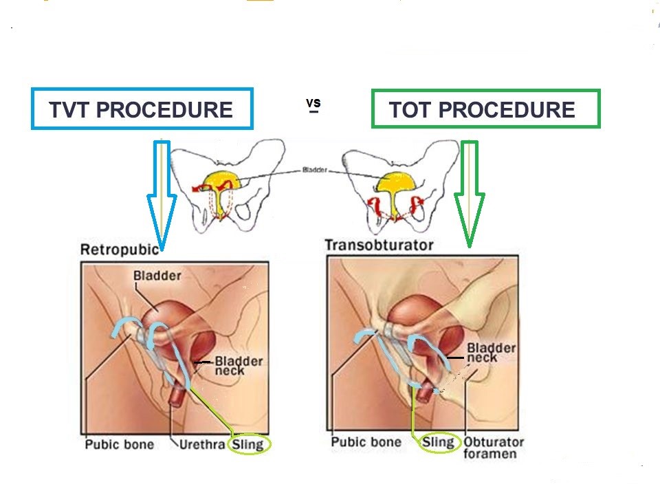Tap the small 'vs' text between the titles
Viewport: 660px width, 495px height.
click(313, 103)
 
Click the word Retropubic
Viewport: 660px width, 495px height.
click(120, 250)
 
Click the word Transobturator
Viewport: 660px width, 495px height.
click(379, 245)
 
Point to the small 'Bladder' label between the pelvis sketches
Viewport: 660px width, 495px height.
click(314, 170)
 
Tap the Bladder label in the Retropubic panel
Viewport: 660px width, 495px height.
click(157, 276)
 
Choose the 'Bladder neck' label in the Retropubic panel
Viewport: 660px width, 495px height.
click(239, 366)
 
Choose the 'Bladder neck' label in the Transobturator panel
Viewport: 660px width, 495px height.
click(491, 353)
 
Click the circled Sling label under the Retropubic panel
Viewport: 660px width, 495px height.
click(248, 445)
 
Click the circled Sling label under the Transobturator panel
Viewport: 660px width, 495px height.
click(439, 442)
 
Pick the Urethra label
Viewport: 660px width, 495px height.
click(202, 445)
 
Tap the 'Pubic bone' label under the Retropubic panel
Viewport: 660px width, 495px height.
click(120, 445)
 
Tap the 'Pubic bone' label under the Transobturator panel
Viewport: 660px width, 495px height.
click(366, 442)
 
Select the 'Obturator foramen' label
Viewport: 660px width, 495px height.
click(494, 448)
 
